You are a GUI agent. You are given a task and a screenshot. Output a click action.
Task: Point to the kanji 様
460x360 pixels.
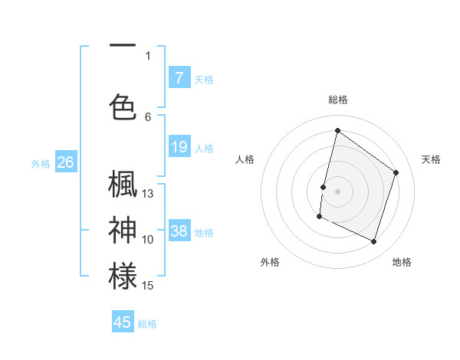[x=123, y=276]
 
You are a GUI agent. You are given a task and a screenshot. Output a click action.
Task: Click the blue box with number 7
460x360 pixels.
[x=179, y=77]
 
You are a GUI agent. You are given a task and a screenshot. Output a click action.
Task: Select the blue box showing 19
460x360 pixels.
[x=179, y=147]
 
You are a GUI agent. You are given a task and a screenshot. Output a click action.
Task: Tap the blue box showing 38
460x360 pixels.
[x=179, y=231]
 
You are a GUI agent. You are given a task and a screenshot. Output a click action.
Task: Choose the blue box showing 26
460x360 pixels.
[x=65, y=162]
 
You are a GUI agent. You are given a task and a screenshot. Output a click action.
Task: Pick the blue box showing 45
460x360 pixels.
[x=123, y=322]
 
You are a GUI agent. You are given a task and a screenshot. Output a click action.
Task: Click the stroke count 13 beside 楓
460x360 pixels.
[x=148, y=194]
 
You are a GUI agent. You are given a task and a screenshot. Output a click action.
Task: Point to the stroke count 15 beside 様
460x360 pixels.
[x=148, y=286]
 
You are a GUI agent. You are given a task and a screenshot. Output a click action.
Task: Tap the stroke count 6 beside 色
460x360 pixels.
[x=148, y=117]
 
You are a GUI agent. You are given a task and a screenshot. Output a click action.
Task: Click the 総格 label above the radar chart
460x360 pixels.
[x=337, y=100]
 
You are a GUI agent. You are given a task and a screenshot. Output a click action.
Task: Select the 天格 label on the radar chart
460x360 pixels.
[x=431, y=159]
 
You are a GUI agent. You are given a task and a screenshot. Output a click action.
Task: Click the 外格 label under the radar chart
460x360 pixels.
[x=270, y=262]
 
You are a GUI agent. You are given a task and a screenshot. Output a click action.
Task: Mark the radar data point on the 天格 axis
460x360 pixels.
[x=396, y=172]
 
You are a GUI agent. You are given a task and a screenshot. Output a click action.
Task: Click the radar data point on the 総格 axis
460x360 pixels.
[x=337, y=131]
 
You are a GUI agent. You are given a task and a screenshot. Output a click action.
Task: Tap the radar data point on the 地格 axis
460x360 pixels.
[x=374, y=242]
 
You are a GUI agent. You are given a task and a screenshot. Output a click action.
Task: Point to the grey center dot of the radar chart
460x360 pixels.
[x=337, y=191]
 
